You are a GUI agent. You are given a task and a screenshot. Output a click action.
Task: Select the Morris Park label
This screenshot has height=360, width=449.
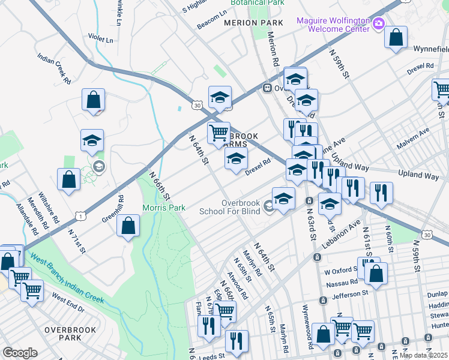tap(164, 208)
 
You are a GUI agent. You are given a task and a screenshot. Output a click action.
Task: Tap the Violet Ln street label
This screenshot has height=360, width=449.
tap(101, 40)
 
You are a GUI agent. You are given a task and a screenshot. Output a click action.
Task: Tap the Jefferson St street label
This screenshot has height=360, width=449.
tap(347, 294)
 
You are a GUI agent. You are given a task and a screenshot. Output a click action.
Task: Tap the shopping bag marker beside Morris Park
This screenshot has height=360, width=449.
tap(128, 226)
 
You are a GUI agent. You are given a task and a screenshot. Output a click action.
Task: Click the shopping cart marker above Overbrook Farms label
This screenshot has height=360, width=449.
tap(219, 132)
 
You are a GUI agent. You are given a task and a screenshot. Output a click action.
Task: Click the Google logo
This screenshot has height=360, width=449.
tap(20, 353)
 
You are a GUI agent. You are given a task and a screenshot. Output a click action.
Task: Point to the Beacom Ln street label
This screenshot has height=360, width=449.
tap(212, 19)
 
